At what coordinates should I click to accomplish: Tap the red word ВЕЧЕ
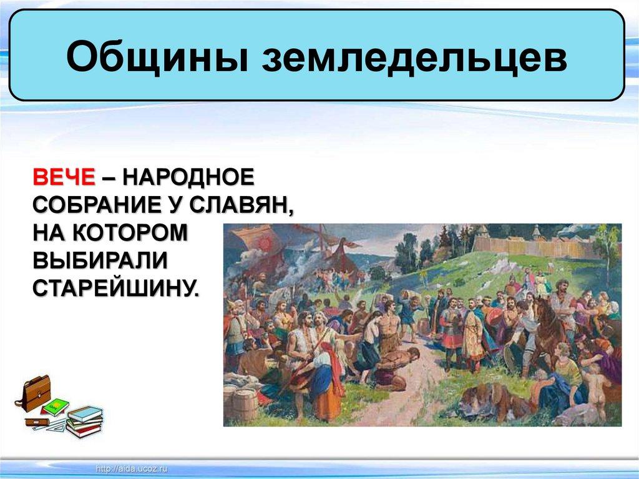click(x=64, y=177)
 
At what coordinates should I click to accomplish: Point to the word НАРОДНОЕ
click(x=188, y=177)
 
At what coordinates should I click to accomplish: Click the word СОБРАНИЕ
click(x=95, y=204)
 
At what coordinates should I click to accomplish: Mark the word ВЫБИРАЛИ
click(x=100, y=260)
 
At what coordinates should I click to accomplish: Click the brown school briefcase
click(x=35, y=393)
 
